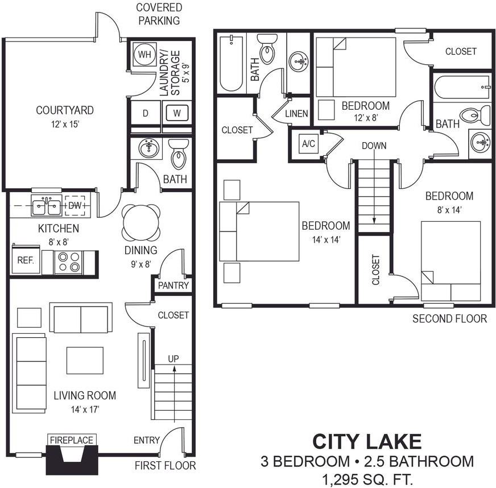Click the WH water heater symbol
tap(144, 55)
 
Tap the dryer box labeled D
tap(145, 113)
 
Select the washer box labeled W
tap(177, 113)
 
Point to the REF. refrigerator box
tap(25, 261)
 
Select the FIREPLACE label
tap(71, 440)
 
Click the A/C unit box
tap(308, 144)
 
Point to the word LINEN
tap(296, 114)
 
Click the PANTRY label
tap(173, 286)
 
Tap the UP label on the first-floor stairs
tap(173, 359)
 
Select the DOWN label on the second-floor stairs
tap(374, 146)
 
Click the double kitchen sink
tap(46, 206)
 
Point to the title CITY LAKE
tap(367, 441)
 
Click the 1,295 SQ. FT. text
tap(367, 478)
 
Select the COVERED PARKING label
tap(159, 14)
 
